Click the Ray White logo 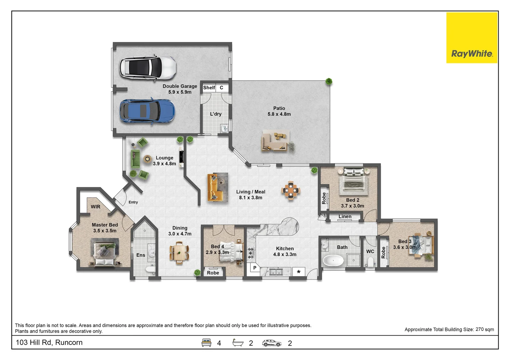(x=472, y=38)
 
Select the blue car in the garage (x=147, y=112)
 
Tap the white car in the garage (x=148, y=68)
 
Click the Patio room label (x=279, y=111)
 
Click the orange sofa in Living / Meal (x=215, y=188)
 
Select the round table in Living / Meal (x=291, y=190)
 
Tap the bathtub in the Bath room (x=333, y=261)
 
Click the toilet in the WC (x=371, y=262)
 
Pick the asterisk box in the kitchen (x=299, y=272)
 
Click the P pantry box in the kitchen (x=255, y=268)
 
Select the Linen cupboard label (x=345, y=217)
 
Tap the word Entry (x=133, y=202)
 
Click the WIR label (x=95, y=207)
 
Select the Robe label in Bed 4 (x=213, y=273)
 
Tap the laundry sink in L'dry (x=224, y=129)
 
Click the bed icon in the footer (x=206, y=343)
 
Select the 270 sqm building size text (x=485, y=329)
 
